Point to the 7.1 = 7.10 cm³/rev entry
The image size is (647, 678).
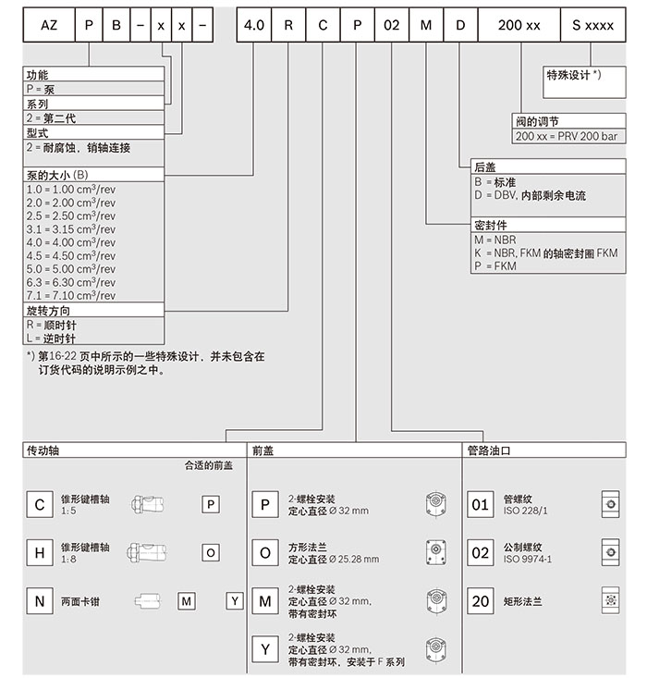coord(71,295)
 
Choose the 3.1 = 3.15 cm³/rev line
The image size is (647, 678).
coord(71,229)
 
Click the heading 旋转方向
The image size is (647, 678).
coord(48,311)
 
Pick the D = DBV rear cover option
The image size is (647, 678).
coord(529,196)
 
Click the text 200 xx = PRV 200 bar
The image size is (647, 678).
coord(568,136)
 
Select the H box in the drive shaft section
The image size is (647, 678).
coord(39,552)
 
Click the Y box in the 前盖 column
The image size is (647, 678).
coord(265,649)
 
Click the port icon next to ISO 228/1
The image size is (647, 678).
coord(609,504)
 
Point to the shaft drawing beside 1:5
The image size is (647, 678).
coord(149,504)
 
